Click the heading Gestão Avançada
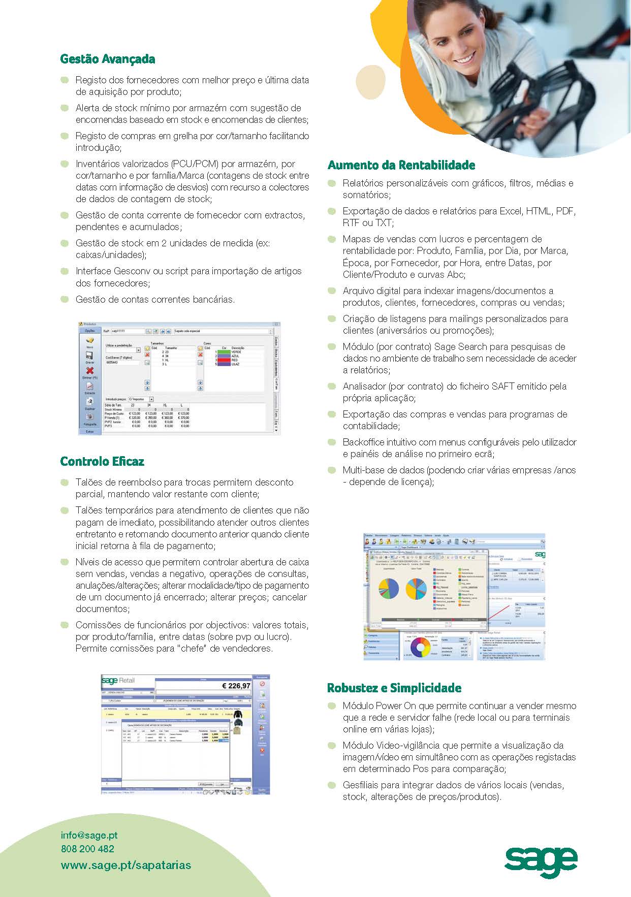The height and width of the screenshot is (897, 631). pyautogui.click(x=107, y=59)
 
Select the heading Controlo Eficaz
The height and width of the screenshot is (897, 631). pyautogui.click(x=102, y=461)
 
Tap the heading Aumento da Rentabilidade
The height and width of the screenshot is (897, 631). pyautogui.click(x=401, y=165)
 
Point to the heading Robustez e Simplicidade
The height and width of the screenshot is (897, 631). pyautogui.click(x=394, y=688)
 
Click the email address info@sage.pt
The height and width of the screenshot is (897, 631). pyautogui.click(x=89, y=835)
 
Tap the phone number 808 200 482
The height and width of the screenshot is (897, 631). pyautogui.click(x=87, y=849)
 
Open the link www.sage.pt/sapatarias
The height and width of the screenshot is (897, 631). pyautogui.click(x=126, y=865)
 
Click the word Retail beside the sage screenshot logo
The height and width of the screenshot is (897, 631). pyautogui.click(x=127, y=681)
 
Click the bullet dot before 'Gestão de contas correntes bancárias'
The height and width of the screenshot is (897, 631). pyautogui.click(x=65, y=299)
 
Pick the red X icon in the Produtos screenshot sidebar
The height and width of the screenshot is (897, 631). pyautogui.click(x=90, y=371)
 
